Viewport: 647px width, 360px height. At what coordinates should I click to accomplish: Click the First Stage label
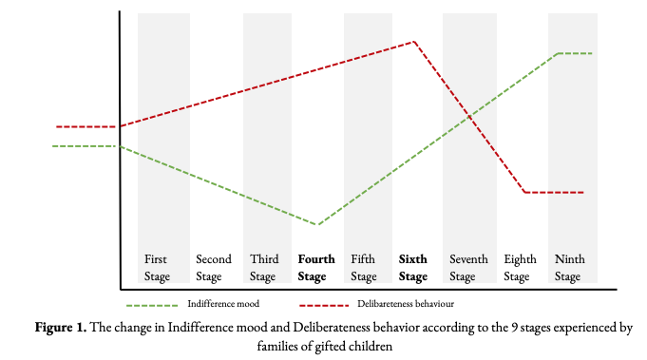(158, 268)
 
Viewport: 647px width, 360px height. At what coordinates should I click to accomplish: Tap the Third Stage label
(264, 268)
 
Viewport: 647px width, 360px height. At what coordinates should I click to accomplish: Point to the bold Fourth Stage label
(315, 268)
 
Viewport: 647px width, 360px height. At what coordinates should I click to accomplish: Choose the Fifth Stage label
(363, 268)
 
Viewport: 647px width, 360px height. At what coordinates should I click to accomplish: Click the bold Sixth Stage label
(413, 268)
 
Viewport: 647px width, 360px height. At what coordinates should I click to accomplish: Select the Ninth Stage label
(569, 268)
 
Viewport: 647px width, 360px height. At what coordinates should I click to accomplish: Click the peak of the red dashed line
(414, 42)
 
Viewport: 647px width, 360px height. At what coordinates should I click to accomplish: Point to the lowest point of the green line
(316, 225)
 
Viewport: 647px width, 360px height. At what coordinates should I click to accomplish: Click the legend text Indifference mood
(224, 304)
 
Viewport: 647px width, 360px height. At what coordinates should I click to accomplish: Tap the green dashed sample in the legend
(152, 305)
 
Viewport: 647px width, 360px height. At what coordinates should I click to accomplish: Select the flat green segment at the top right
(574, 53)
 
